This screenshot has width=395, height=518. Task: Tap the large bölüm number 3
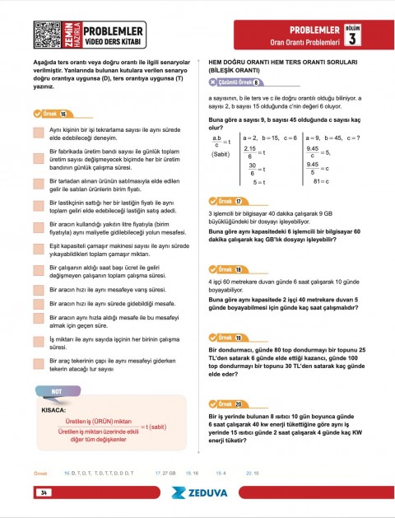pos(352,39)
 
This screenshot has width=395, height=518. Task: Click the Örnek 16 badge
pos(51,114)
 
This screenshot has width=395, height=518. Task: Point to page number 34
pos(41,492)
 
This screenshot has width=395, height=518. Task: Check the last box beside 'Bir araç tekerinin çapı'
pos(39,365)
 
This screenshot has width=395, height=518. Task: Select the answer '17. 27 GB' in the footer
pos(165,474)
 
